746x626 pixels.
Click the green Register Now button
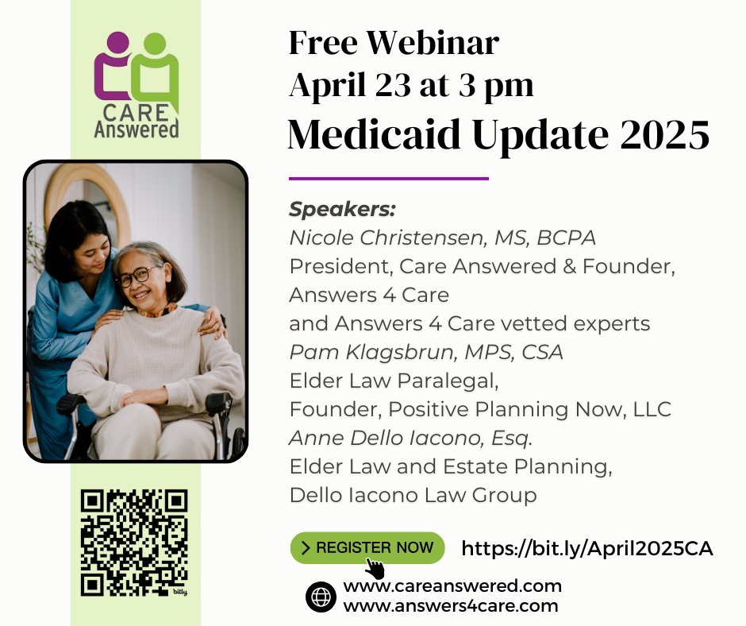(x=367, y=547)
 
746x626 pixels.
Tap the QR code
(x=134, y=543)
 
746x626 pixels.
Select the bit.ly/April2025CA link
(x=586, y=548)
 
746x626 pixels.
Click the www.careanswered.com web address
(x=452, y=586)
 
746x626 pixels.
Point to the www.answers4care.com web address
(x=451, y=605)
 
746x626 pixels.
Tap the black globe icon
(x=321, y=597)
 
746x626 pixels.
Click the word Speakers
(x=342, y=209)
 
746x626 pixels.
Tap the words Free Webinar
(x=394, y=43)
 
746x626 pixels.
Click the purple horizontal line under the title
(x=388, y=178)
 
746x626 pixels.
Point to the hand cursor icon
(x=375, y=568)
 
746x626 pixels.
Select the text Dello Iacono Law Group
(x=413, y=495)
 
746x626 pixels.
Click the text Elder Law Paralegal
(x=394, y=381)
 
